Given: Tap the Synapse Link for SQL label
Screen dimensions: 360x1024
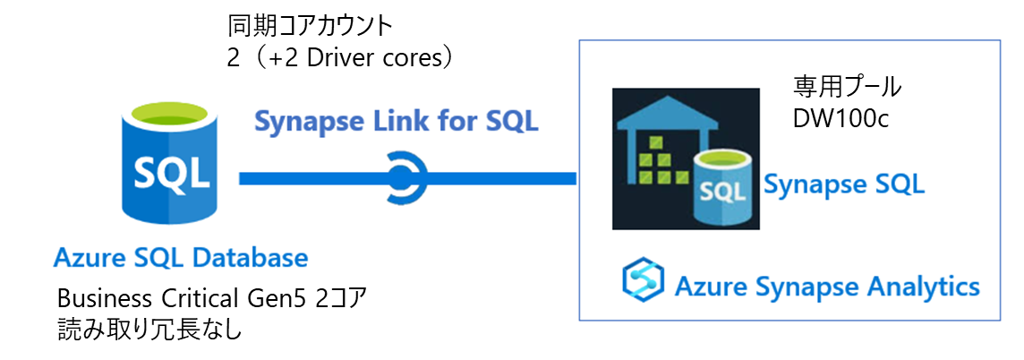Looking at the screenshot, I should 397,121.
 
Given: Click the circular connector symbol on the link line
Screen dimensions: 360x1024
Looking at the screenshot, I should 406,177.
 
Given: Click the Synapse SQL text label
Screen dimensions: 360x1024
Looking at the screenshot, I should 843,185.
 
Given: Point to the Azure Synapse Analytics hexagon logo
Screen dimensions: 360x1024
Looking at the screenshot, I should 644,280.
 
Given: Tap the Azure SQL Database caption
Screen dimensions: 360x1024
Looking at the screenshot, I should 181,259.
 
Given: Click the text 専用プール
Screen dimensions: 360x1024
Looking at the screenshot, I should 847,88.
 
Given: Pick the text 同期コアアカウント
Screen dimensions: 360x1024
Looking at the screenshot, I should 311,24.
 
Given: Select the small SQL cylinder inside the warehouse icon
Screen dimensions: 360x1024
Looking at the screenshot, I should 722,189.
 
